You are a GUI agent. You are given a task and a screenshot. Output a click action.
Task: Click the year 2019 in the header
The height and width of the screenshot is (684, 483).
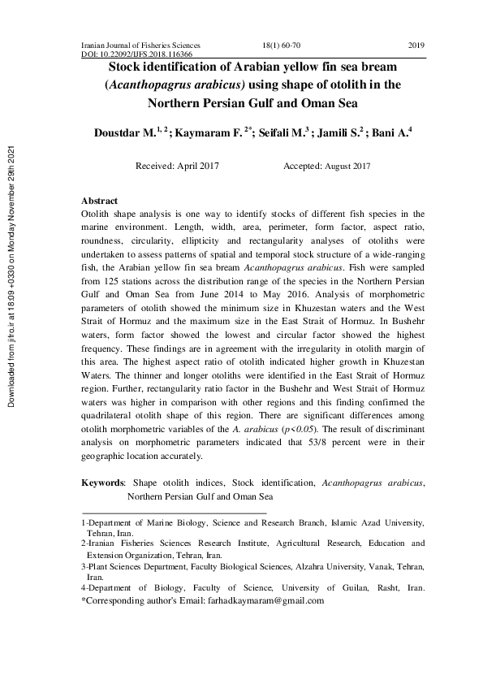point(416,45)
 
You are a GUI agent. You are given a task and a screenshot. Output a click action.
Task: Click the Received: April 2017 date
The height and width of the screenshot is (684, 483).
point(180,166)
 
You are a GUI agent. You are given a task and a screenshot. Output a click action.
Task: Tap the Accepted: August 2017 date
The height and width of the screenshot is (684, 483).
point(326,166)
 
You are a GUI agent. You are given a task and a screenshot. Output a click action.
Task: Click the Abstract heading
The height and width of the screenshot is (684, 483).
point(99,201)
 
